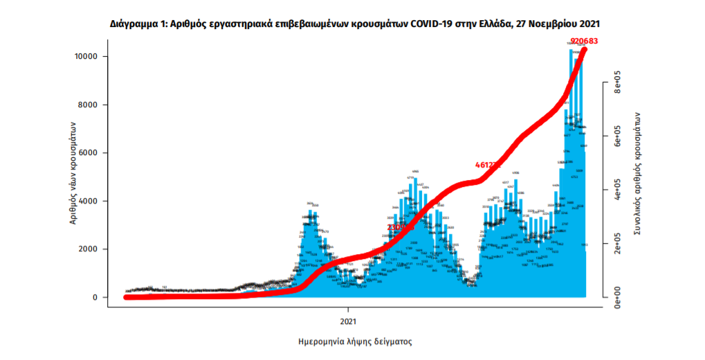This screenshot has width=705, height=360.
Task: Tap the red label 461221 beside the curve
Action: click(x=488, y=165)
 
